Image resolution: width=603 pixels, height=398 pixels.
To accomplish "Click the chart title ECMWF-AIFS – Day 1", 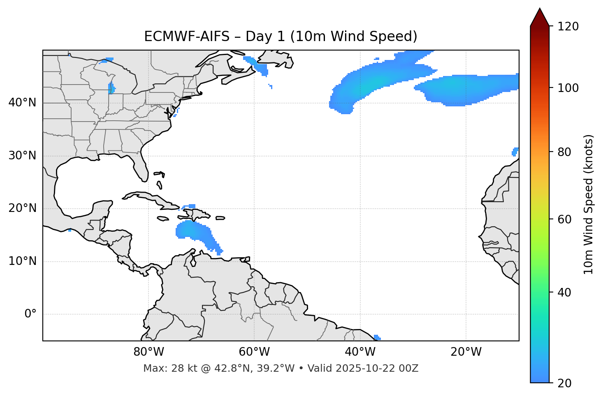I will (x=281, y=37).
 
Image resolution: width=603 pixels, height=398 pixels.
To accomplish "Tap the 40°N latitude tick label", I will (x=22, y=103).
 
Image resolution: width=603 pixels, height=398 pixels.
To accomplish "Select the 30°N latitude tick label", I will (x=22, y=156).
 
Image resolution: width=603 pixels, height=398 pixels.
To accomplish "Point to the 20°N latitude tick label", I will (x=22, y=208).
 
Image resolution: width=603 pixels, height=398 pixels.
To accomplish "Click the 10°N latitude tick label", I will (x=22, y=261).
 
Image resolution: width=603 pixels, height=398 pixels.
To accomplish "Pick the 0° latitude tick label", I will (x=30, y=314).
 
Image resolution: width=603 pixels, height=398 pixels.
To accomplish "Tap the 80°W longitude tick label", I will (x=148, y=352).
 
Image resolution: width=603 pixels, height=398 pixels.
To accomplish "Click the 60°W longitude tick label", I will (x=254, y=352).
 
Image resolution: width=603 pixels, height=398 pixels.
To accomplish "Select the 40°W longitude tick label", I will (x=360, y=352).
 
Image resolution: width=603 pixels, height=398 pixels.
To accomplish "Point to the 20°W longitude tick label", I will (x=466, y=352).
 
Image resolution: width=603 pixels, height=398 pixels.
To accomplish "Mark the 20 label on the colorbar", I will (x=564, y=383).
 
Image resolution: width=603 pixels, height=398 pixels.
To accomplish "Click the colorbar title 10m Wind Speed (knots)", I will (x=589, y=204).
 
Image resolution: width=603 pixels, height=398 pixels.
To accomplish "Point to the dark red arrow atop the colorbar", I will (x=540, y=18).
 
